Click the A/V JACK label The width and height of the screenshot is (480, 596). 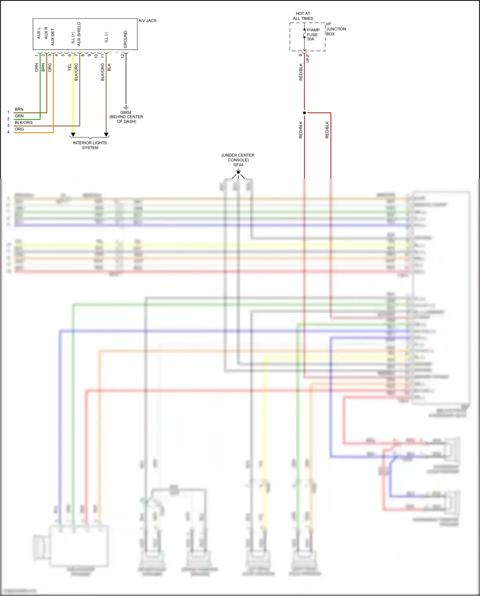click(x=148, y=20)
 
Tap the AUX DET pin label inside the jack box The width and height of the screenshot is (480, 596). click(x=53, y=37)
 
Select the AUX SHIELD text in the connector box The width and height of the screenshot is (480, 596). click(x=79, y=34)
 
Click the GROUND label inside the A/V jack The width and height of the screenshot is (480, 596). click(x=125, y=39)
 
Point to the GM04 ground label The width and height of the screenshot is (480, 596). click(x=126, y=112)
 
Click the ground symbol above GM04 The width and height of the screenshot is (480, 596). click(x=126, y=107)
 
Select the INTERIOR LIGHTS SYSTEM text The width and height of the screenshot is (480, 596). click(x=90, y=145)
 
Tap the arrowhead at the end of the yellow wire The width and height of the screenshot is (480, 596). click(x=73, y=135)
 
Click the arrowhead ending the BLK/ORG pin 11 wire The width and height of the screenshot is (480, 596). click(x=106, y=135)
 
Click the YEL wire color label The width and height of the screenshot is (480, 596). click(x=69, y=67)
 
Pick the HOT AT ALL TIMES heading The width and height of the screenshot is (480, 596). click(x=303, y=16)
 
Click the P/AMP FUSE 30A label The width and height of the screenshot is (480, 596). click(x=313, y=35)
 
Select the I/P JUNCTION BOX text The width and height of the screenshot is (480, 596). click(x=335, y=29)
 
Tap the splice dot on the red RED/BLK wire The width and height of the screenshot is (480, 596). click(x=304, y=113)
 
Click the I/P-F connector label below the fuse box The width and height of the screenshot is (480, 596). click(x=308, y=58)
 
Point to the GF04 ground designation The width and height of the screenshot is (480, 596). click(x=238, y=165)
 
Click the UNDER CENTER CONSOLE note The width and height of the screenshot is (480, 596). click(x=238, y=158)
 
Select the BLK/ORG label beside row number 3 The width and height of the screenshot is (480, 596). click(x=24, y=122)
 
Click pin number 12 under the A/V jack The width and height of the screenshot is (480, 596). click(x=122, y=56)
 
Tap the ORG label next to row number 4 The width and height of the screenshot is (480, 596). click(x=19, y=129)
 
